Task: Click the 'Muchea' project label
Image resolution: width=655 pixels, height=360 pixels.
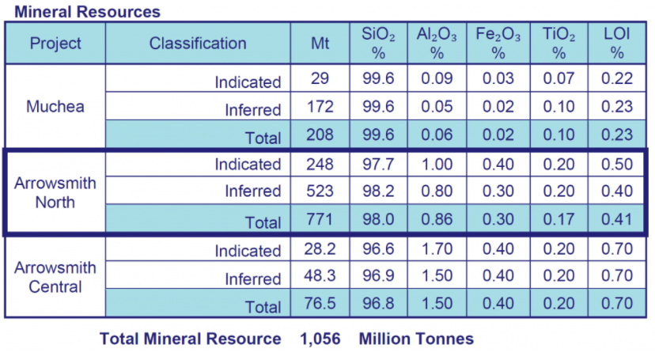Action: tap(55, 106)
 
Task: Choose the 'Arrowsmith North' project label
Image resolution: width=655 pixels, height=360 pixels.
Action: tap(55, 192)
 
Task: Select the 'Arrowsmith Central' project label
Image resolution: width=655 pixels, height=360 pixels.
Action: tap(55, 276)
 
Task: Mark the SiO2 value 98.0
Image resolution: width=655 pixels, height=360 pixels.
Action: tap(377, 220)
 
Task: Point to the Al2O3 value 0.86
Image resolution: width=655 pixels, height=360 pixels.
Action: tap(437, 220)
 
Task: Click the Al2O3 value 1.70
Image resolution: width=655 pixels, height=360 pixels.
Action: tap(437, 250)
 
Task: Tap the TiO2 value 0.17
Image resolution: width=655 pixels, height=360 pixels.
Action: tap(559, 220)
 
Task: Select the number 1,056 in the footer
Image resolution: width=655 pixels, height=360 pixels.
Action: tap(320, 339)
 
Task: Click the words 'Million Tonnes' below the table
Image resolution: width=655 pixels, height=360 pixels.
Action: tap(416, 339)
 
